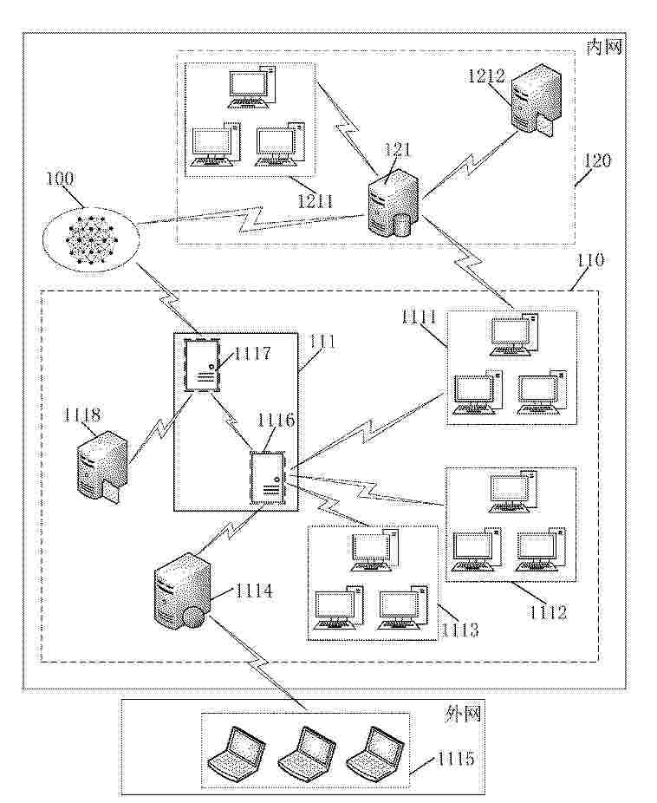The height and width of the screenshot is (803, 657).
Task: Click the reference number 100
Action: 60,180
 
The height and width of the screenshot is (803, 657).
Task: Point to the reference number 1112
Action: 549,614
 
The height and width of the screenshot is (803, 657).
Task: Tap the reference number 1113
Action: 460,628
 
